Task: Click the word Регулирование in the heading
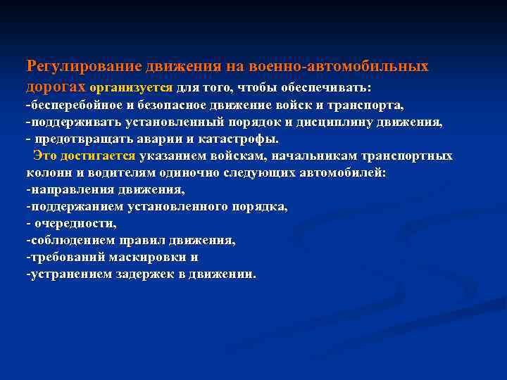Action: click(84, 66)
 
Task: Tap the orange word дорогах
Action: click(56, 87)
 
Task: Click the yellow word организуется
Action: click(131, 88)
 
